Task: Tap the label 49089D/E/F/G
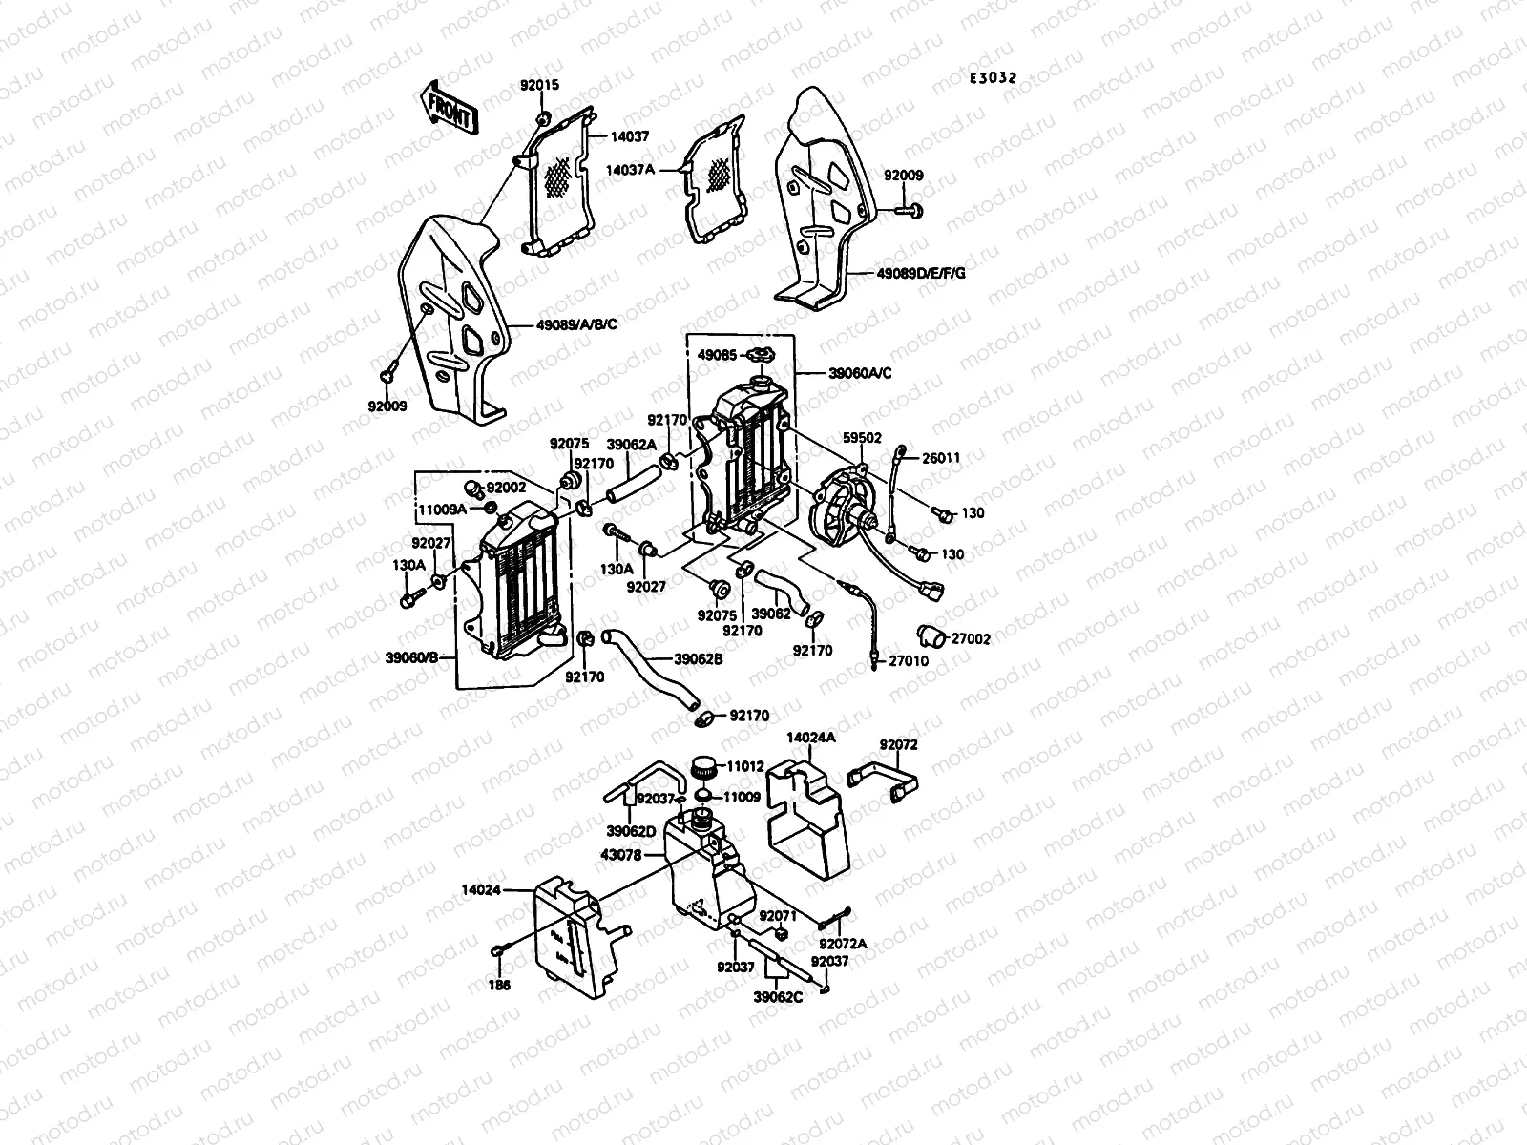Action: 921,274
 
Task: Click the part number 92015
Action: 539,85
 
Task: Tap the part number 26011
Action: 941,458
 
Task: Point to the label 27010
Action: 909,660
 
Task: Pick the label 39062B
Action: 699,658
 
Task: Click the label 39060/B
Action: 412,657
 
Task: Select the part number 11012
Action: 744,765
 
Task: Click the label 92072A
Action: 847,944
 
